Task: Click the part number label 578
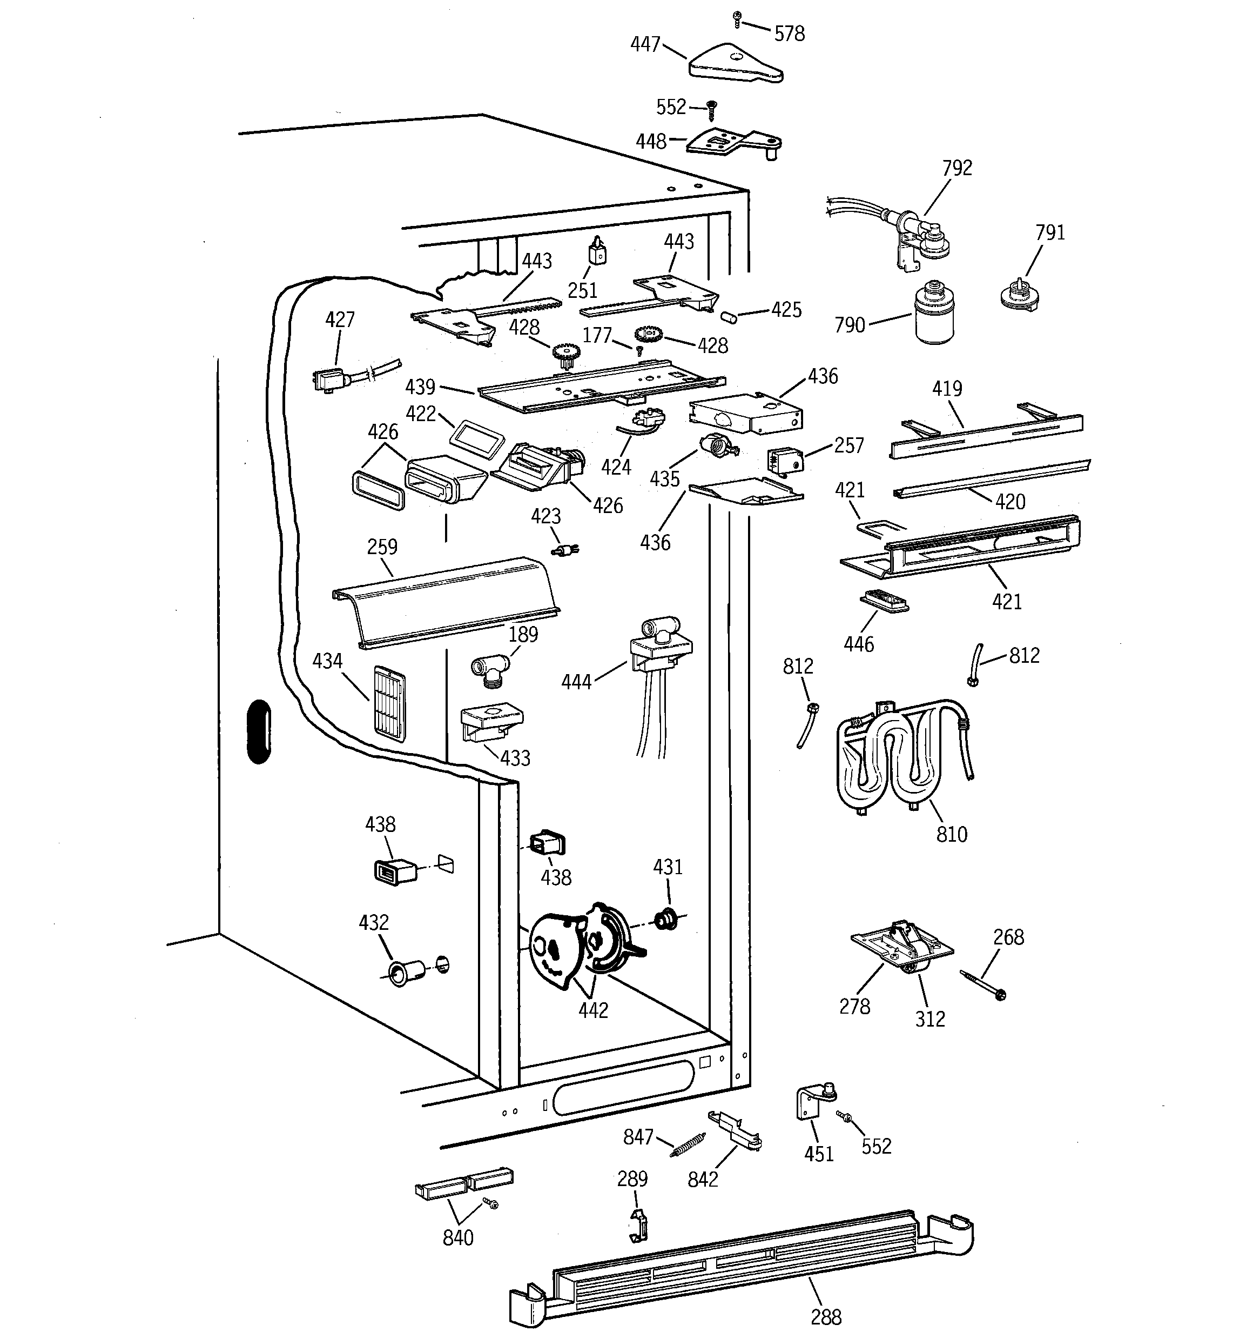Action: tap(789, 34)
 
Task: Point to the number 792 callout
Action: tap(956, 168)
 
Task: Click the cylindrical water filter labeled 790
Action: tap(935, 313)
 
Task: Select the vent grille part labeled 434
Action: tap(389, 703)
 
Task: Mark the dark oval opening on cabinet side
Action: tap(259, 731)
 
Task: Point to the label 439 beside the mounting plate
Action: tap(420, 387)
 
